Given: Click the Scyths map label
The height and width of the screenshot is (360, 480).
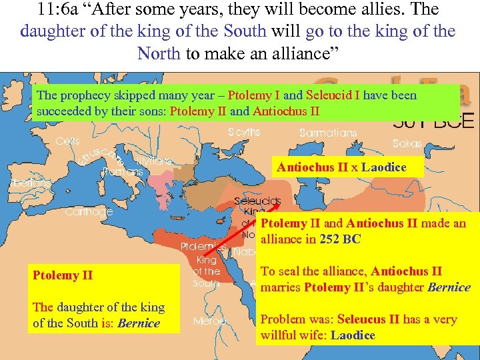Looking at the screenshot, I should tap(244, 132).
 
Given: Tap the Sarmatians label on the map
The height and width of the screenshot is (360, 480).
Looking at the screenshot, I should tap(327, 133).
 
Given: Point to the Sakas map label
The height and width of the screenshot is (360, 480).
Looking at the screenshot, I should tap(407, 143).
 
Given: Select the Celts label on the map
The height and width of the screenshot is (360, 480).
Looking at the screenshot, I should tap(68, 141).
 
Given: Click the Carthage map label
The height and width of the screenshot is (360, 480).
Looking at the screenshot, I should tap(89, 212).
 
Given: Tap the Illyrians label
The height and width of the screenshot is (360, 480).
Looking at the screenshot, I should tap(154, 161).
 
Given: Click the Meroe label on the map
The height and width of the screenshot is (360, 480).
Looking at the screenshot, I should tap(209, 321).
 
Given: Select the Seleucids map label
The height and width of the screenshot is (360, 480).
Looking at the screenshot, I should tap(257, 201).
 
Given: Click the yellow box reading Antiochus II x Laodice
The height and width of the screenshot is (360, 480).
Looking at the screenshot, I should tap(350, 167).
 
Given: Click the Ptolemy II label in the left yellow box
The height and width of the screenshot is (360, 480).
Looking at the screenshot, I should tap(63, 275).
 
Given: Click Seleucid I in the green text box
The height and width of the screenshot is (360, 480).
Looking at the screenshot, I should tap(333, 95).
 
